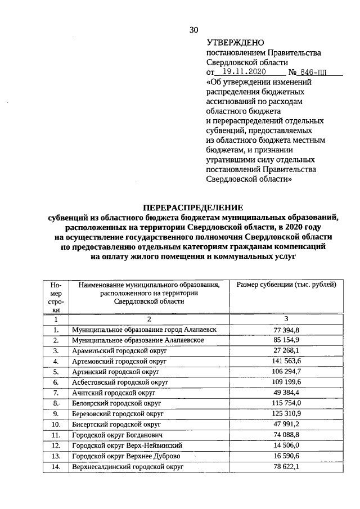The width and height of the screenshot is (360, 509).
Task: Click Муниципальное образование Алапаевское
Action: [x=137, y=340]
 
